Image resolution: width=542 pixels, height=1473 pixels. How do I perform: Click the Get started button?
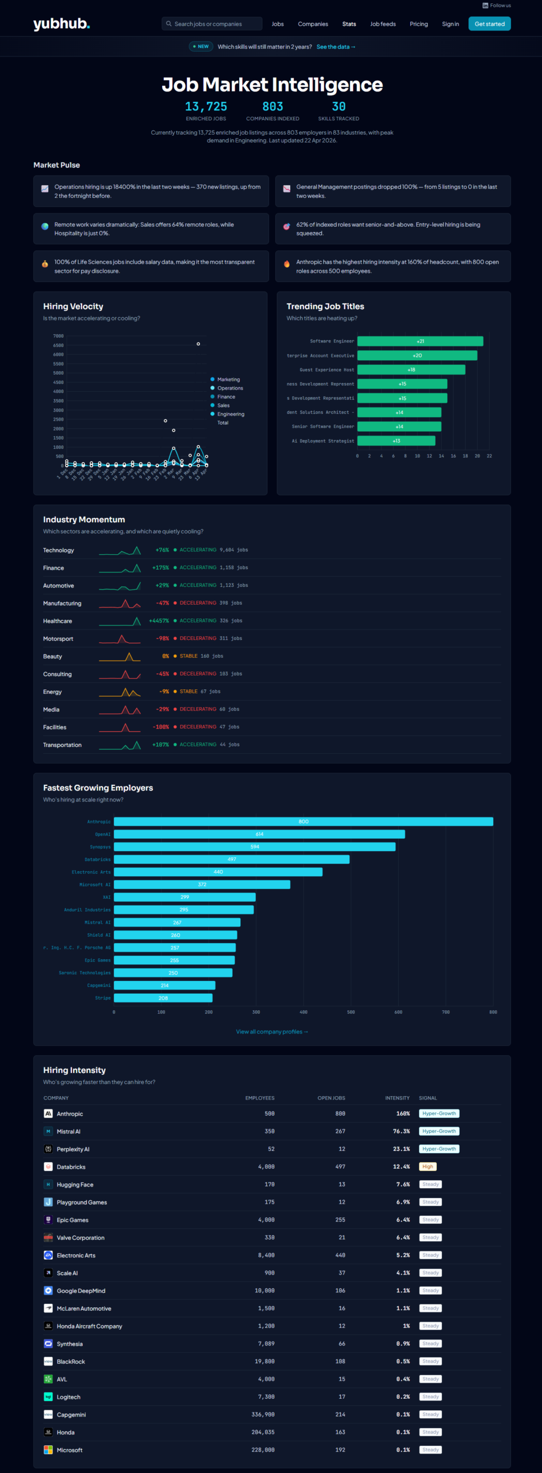pos(489,24)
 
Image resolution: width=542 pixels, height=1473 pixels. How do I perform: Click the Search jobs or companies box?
pos(212,24)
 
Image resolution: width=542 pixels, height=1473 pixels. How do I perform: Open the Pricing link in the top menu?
pos(418,24)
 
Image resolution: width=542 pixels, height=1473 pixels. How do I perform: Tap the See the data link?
pos(336,47)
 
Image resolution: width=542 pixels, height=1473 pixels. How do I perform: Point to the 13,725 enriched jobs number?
pos(206,106)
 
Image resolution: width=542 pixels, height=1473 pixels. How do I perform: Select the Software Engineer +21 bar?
pos(420,341)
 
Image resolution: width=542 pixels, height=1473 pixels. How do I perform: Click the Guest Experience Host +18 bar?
pos(411,369)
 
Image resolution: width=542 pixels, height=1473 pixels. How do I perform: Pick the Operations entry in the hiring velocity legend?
pos(230,388)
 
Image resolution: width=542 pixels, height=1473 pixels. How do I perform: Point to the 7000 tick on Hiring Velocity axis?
pos(59,336)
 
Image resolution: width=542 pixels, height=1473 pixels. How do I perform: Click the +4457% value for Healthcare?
pos(159,621)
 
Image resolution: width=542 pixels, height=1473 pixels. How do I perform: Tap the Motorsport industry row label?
pos(58,639)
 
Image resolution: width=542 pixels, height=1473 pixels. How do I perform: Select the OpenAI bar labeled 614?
pos(259,834)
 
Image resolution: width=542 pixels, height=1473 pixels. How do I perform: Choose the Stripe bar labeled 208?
pos(163,998)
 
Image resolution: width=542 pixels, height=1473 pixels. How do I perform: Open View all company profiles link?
pos(272,1032)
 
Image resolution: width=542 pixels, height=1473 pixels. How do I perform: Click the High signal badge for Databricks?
pos(428,1166)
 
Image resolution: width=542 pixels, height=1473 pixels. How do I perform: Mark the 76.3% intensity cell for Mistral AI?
pos(401,1131)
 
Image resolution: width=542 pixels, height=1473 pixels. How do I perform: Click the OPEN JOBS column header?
pos(331,1098)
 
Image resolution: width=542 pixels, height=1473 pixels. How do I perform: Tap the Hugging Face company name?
pos(75,1184)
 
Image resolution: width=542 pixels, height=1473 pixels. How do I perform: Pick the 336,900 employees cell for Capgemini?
pos(263,1414)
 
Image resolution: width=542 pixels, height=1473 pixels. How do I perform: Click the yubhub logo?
pos(61,24)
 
